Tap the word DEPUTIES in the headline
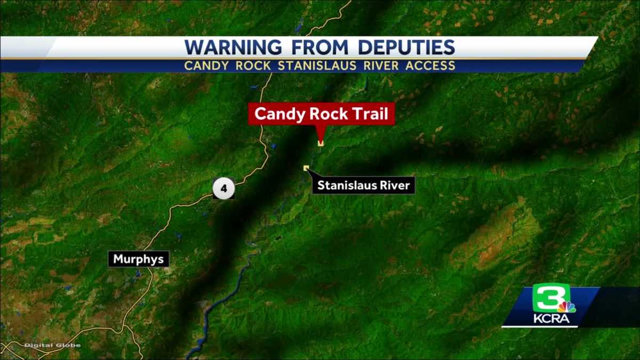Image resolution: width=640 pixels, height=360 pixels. tap(406, 47)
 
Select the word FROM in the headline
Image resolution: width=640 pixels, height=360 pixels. tap(319, 47)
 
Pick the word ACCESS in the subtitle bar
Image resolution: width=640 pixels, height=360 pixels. tap(429, 66)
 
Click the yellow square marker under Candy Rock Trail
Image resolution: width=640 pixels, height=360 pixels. tap(321, 142)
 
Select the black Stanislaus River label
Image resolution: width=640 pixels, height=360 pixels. tap(363, 186)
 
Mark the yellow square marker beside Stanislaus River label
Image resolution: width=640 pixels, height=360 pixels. tap(306, 168)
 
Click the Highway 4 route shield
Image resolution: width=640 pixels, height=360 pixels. tap(223, 189)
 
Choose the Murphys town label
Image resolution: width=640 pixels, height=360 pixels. tap(139, 260)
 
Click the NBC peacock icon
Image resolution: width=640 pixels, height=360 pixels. tap(567, 307)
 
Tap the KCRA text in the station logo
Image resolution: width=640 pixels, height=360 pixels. tap(551, 319)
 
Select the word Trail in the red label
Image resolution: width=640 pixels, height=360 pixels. tap(372, 114)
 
